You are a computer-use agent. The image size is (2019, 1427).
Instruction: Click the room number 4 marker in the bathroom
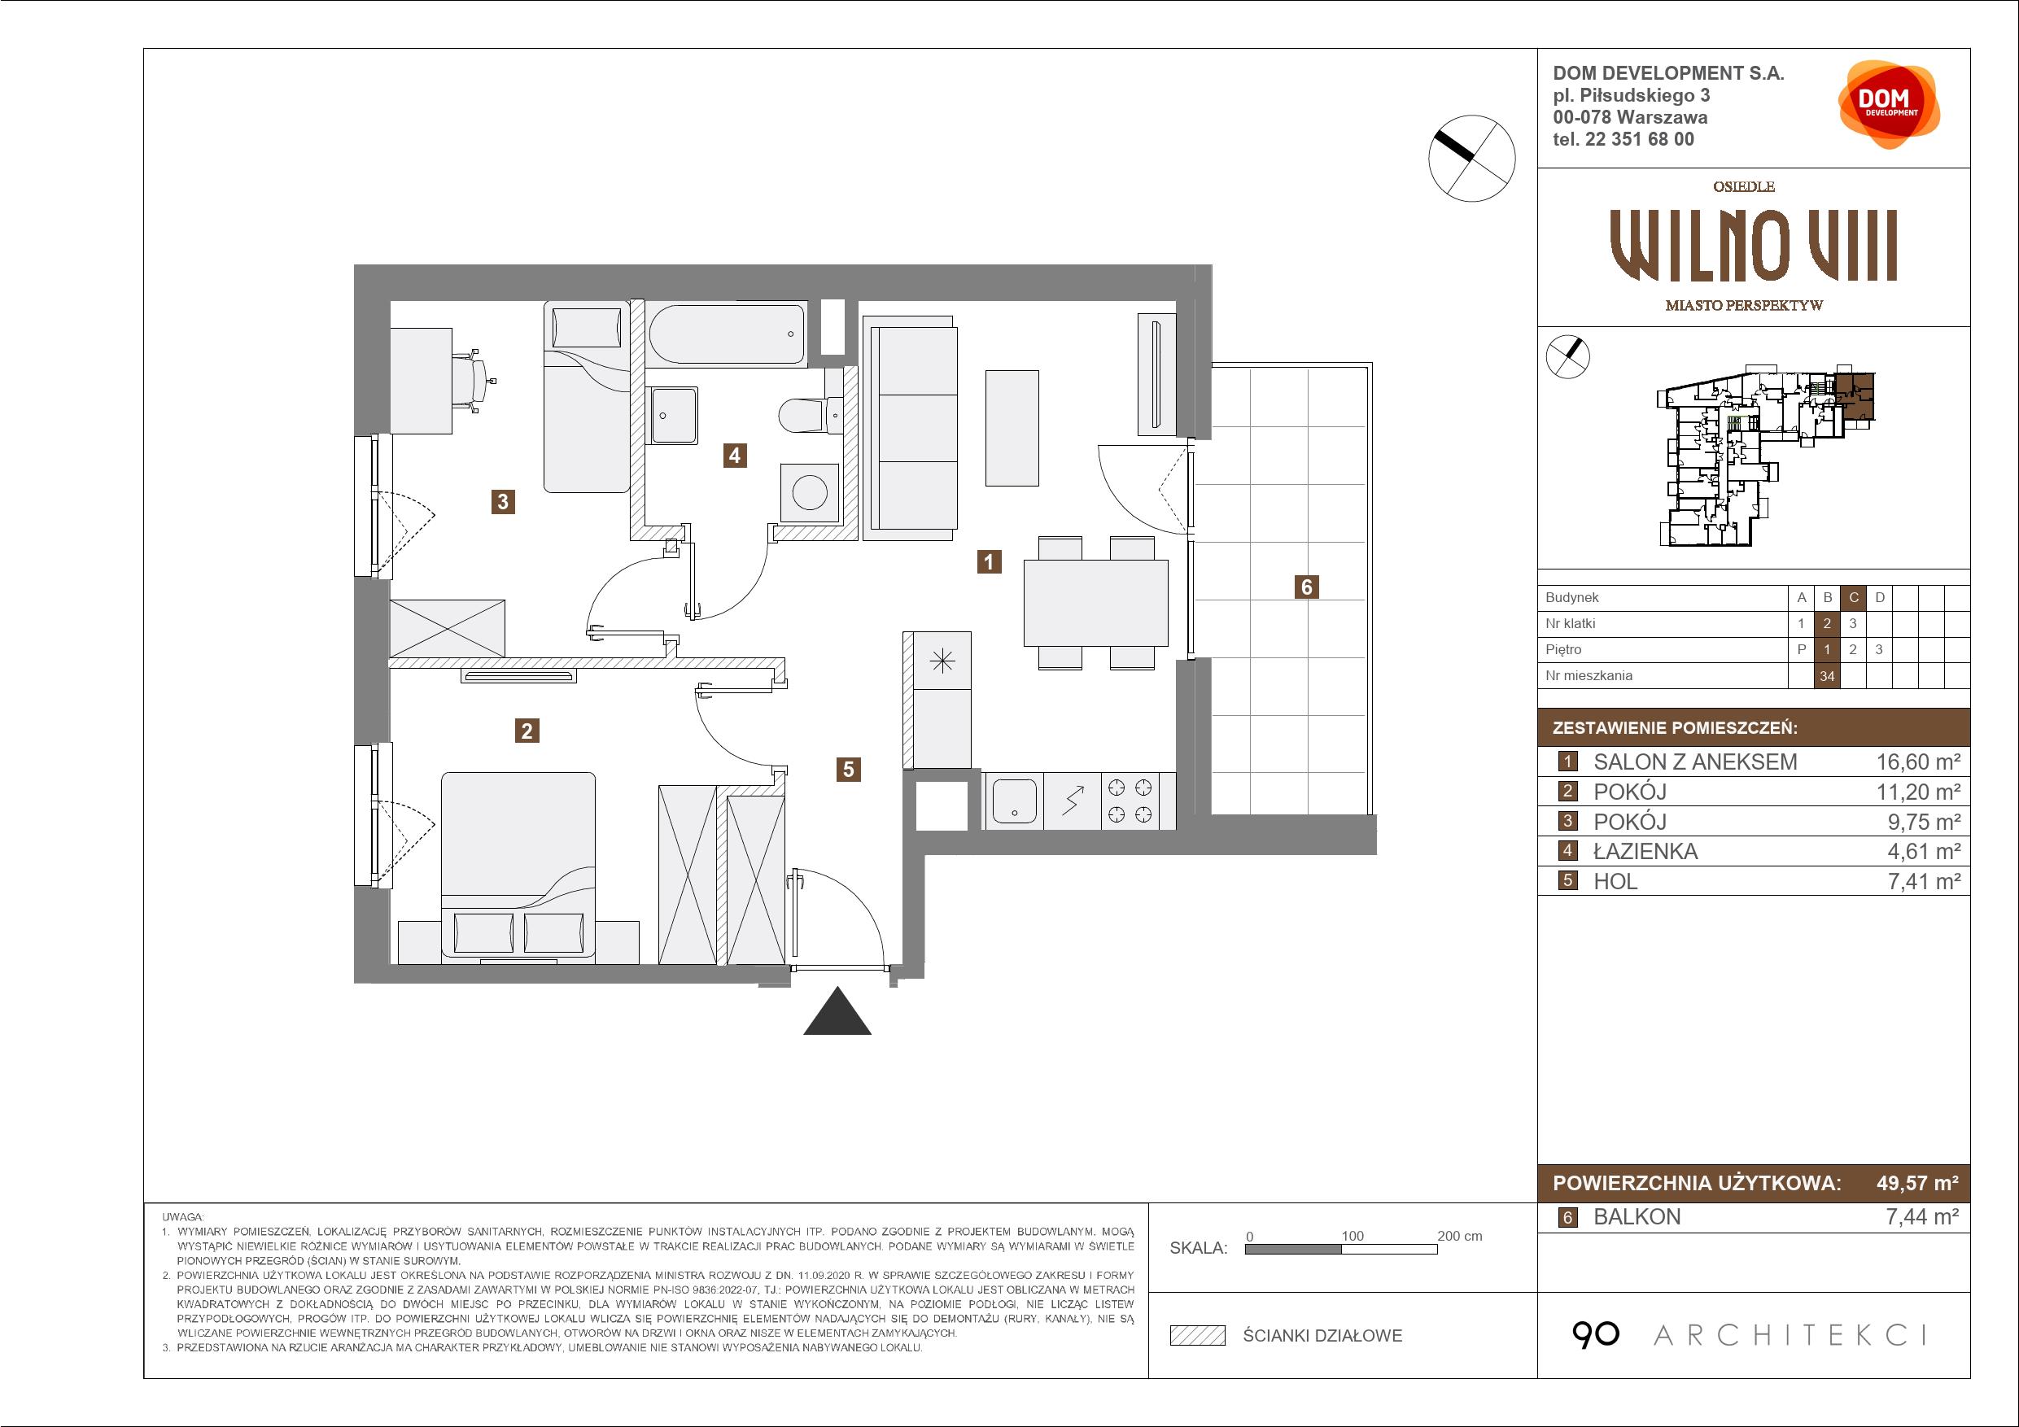point(734,456)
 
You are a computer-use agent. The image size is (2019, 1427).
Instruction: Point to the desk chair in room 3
point(475,381)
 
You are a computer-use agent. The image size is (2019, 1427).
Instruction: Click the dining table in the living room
point(1095,603)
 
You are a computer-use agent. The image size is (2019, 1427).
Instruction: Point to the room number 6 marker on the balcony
point(1307,587)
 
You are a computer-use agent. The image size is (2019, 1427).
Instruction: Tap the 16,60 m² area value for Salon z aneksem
point(1919,762)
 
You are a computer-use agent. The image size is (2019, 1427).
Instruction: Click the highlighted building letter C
point(1854,598)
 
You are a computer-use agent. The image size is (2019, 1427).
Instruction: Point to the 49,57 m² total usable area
point(1918,1183)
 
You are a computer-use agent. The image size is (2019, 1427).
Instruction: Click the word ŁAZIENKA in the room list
point(1645,851)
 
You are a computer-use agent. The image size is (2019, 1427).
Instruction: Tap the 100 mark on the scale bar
point(1353,1236)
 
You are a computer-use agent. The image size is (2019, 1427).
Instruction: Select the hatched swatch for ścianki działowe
point(1198,1336)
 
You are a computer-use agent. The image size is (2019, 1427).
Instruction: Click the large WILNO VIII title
point(1754,247)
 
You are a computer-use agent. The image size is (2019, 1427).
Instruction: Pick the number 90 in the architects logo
point(1595,1336)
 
